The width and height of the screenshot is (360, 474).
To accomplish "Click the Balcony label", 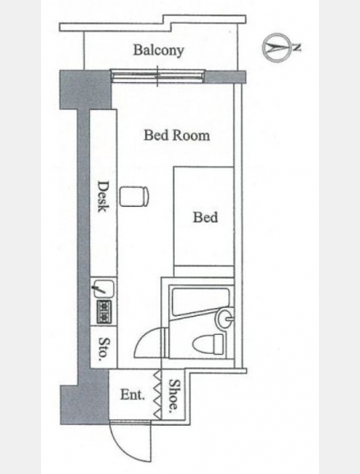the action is [x=159, y=51].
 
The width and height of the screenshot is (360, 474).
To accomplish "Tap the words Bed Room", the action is [x=177, y=135].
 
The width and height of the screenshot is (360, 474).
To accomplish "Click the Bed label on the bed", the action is [x=205, y=217].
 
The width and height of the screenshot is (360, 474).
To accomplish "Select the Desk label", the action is [x=103, y=197].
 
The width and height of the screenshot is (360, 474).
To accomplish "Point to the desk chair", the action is [x=134, y=197].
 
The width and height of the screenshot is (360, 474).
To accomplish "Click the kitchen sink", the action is [x=103, y=288].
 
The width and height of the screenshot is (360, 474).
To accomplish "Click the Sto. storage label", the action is [x=104, y=349].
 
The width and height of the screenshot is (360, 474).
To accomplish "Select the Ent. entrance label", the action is [x=133, y=395].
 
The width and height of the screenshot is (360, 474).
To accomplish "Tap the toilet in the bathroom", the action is [x=208, y=344].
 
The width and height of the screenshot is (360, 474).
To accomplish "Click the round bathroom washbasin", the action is [x=225, y=318].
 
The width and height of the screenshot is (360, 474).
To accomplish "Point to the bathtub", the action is [x=201, y=302].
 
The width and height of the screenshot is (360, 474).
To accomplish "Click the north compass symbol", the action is [x=276, y=47].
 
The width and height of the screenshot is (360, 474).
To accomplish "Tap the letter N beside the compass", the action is [x=297, y=47].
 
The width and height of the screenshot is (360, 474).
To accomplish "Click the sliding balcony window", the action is [x=157, y=76].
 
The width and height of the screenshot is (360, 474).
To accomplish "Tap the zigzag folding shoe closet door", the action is [x=158, y=394].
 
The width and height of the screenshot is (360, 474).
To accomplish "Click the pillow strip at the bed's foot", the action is [x=204, y=271].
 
